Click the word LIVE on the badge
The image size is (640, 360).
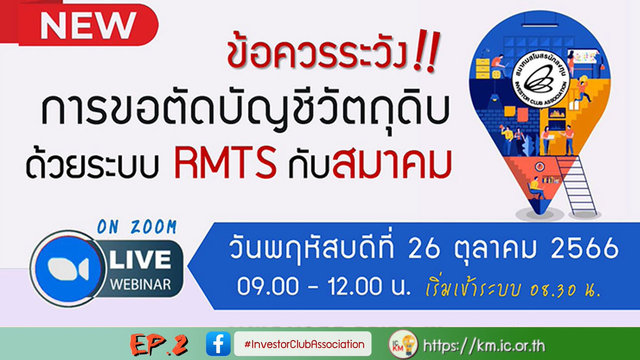tap(140, 260)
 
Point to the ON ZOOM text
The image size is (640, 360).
tap(136, 228)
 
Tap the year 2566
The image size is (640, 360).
tap(584, 249)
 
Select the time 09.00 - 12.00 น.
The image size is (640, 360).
tap(324, 288)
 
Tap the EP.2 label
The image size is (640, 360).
tap(158, 344)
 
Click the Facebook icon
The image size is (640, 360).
tap(218, 344)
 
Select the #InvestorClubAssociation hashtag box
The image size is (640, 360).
tap(302, 344)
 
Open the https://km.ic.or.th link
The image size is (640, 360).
tap(484, 345)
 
